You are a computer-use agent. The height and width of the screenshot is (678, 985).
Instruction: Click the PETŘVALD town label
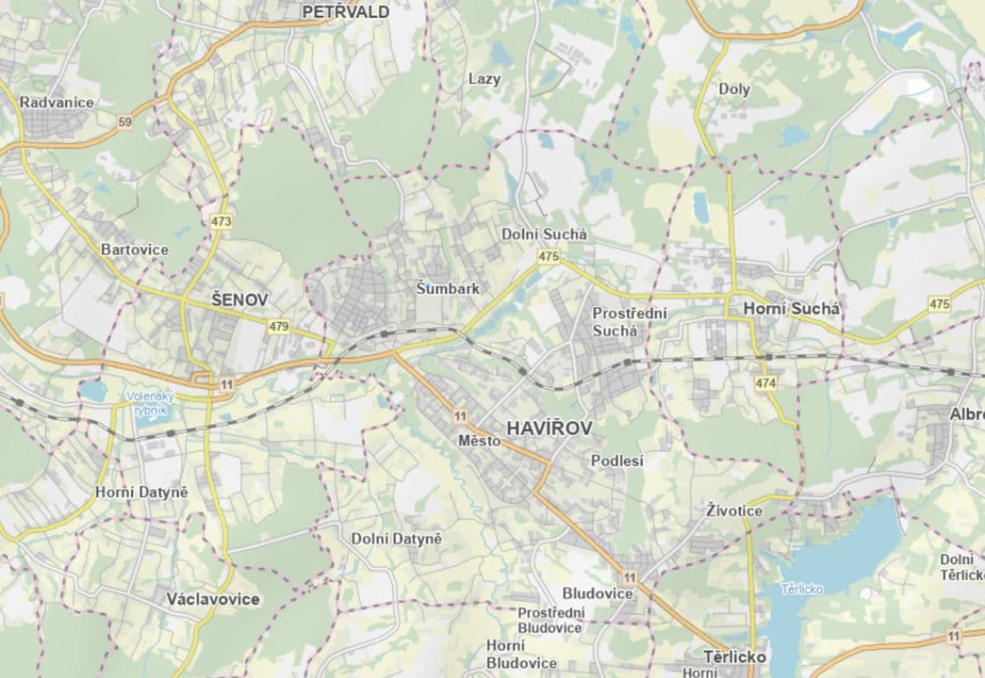coord(345,12)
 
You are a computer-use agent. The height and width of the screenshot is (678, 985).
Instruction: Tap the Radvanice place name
coord(57,102)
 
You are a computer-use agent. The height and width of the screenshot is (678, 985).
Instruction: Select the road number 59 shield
coord(125,123)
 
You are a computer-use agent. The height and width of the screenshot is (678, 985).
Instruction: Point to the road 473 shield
coord(222,221)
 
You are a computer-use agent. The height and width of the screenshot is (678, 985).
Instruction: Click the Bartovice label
coord(134,250)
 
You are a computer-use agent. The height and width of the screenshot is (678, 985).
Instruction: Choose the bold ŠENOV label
coord(239,299)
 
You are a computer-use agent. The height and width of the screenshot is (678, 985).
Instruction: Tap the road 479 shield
coord(278,326)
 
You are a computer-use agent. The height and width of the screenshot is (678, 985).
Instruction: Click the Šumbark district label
coord(448,288)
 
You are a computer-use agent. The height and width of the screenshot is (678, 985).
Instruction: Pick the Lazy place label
coord(484,79)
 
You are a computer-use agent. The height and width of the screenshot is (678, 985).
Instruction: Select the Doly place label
coord(734,89)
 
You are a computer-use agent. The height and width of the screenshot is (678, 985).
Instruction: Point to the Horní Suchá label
coord(791,309)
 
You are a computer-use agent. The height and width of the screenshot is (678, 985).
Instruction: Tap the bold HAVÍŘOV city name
coord(548,429)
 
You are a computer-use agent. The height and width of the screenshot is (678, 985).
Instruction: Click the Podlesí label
coord(616,461)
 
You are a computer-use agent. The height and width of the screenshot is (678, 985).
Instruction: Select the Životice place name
coord(734,510)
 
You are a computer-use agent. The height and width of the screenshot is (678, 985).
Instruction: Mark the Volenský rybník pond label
coord(149,403)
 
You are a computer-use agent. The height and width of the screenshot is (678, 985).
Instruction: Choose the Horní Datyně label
coord(142,492)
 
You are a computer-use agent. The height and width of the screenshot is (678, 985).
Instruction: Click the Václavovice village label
coord(213,599)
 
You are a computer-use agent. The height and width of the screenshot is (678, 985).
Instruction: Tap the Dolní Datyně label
coord(397,538)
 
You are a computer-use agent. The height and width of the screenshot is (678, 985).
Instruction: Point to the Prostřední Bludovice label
coord(550,620)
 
